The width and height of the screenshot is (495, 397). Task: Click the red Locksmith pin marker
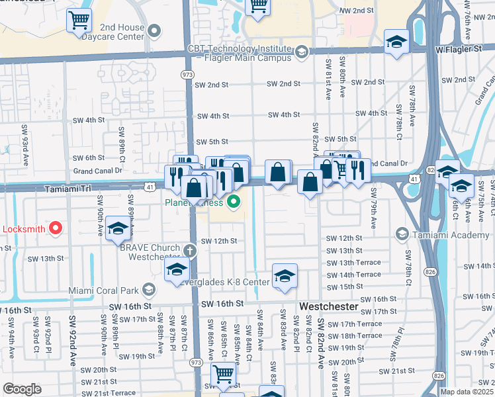pyautogui.click(x=56, y=229)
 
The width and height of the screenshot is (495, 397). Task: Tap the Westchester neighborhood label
pyautogui.click(x=328, y=308)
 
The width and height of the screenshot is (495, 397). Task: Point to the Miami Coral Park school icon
pyautogui.click(x=150, y=289)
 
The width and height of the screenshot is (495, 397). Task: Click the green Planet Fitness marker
pyautogui.click(x=233, y=202)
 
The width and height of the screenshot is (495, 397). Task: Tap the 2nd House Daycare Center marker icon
pyautogui.click(x=155, y=31)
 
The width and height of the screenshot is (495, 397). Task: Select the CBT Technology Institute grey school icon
pyautogui.click(x=302, y=52)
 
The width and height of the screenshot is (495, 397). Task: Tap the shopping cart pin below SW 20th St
pyautogui.click(x=223, y=374)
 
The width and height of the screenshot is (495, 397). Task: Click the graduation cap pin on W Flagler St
pyautogui.click(x=397, y=42)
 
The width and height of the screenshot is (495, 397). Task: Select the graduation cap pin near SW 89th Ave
pyautogui.click(x=118, y=228)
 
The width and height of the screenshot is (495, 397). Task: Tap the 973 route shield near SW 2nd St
pyautogui.click(x=187, y=75)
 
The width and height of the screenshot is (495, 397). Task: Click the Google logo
pyautogui.click(x=22, y=389)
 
